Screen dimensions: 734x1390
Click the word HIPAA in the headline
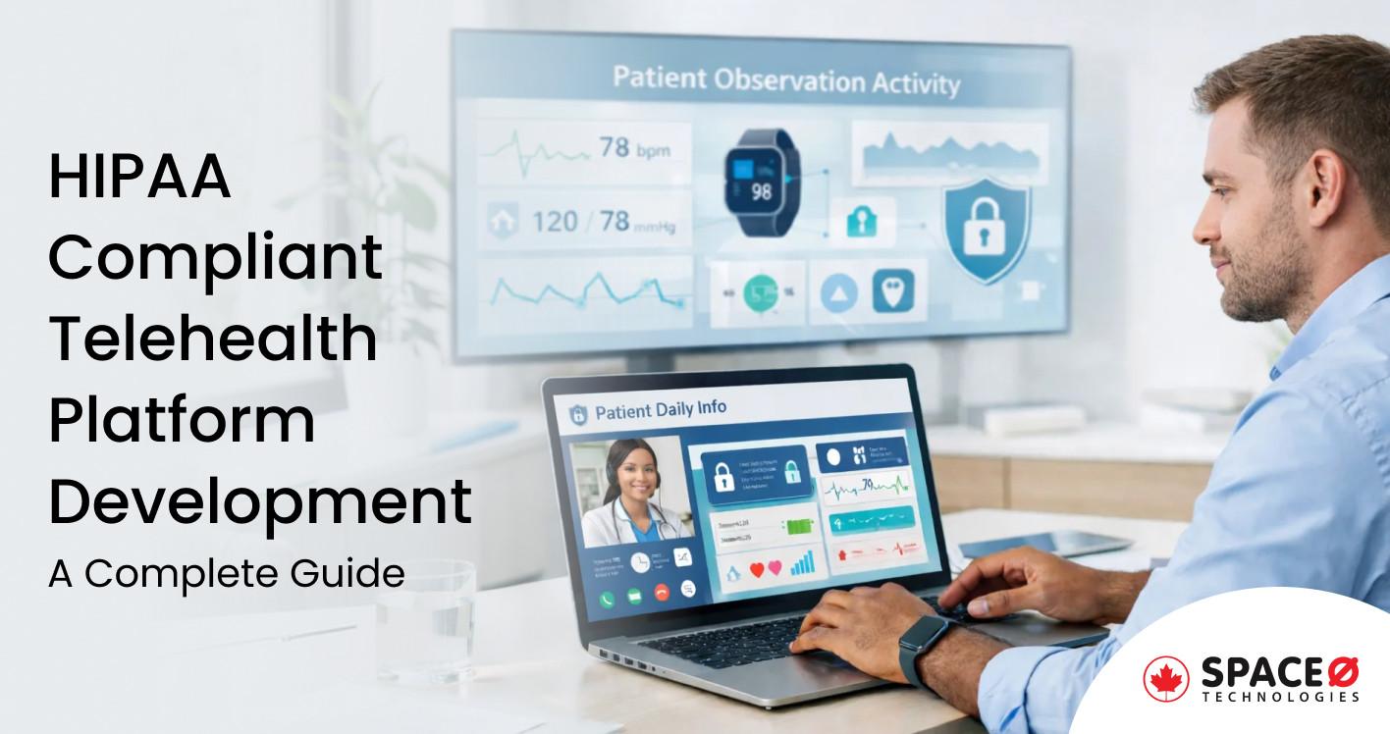click(x=139, y=179)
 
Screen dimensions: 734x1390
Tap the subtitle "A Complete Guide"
click(x=226, y=573)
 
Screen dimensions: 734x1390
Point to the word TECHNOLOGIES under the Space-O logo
click(x=1280, y=697)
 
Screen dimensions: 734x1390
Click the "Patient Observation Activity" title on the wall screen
click(x=785, y=80)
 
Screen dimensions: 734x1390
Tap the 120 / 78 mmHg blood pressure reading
click(x=589, y=222)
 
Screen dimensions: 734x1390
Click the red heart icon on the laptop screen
click(x=759, y=569)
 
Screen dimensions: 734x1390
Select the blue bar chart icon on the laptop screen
click(x=802, y=562)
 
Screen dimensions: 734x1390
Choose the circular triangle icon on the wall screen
click(x=839, y=292)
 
